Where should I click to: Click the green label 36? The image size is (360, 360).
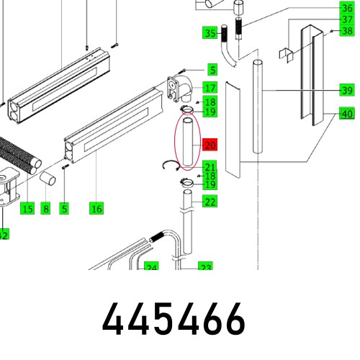point(347,9)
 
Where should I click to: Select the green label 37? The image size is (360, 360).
point(347,20)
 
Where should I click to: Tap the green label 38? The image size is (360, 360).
point(347,32)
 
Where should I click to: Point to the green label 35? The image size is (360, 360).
point(210,33)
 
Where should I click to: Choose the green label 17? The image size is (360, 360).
point(210,88)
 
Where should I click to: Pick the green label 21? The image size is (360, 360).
point(210,167)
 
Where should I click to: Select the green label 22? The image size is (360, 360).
point(210,202)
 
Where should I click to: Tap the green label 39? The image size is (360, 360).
point(347,91)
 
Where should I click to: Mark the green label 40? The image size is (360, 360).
point(347,114)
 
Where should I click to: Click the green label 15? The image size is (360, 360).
point(27,209)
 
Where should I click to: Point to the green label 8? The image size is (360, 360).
point(45,209)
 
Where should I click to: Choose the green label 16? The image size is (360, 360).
point(96,209)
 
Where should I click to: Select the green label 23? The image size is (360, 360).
point(205,267)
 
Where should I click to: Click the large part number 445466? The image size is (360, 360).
point(174,319)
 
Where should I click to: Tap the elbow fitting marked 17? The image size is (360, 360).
point(180,88)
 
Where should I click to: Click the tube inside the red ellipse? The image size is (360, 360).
point(186,144)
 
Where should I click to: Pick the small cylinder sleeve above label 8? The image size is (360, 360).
point(49,177)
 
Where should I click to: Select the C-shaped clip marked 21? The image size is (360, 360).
point(171,166)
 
